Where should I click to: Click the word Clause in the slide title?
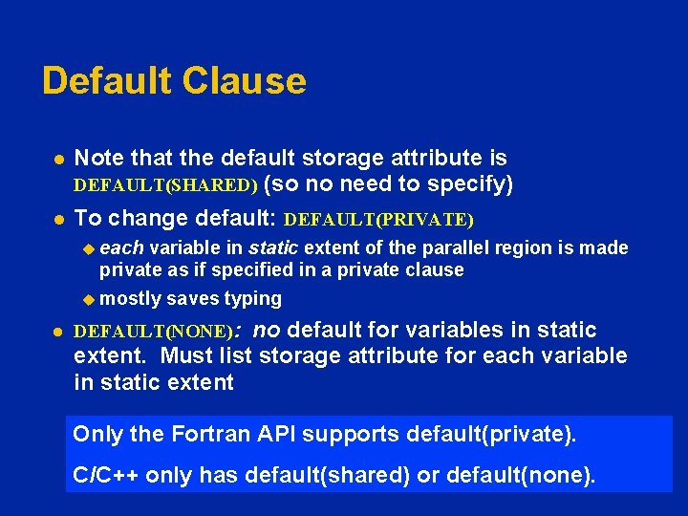click(246, 80)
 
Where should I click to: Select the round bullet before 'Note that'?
click(57, 159)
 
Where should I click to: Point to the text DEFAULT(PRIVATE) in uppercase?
click(379, 220)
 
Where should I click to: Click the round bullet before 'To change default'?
click(57, 219)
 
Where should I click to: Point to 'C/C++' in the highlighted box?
click(100, 475)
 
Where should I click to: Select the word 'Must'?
click(189, 356)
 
